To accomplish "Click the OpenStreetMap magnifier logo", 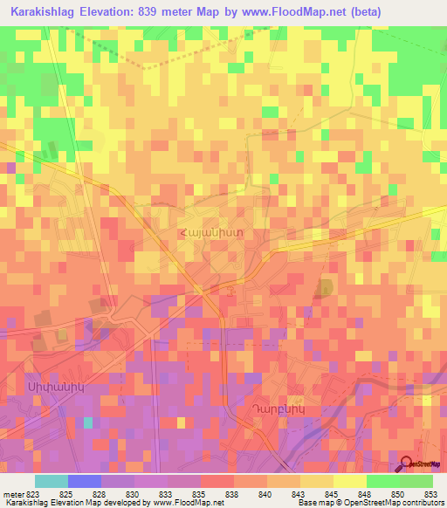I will click(408, 463).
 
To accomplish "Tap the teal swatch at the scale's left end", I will click(51, 481).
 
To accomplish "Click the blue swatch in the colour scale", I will click(84, 481).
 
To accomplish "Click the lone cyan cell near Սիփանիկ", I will click(88, 422).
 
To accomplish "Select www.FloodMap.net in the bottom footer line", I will click(185, 503).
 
